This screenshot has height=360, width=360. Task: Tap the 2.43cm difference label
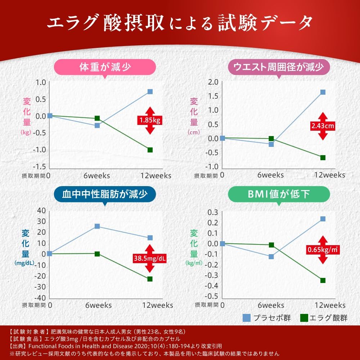[x=323, y=126]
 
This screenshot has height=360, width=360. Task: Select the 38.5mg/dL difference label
[x=150, y=258]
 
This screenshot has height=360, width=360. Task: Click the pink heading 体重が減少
[x=105, y=67]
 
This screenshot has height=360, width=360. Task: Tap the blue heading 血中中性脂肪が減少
[x=105, y=195]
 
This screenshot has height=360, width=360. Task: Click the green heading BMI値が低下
[x=279, y=195]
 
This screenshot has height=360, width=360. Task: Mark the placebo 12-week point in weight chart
[x=150, y=91]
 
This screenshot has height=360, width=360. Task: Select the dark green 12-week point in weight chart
[x=150, y=150]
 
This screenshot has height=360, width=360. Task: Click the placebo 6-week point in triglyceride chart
[x=97, y=226]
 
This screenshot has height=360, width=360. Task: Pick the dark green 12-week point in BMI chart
[x=323, y=280]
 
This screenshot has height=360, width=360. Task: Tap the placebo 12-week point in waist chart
[x=323, y=92]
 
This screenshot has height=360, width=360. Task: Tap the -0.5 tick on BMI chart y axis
[x=212, y=296]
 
